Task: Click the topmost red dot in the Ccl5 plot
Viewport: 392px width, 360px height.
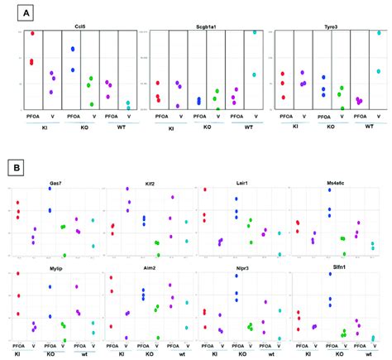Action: point(31,33)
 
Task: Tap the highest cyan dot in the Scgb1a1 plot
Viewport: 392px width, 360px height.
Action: point(255,32)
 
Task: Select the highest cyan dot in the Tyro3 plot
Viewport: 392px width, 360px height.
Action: point(380,33)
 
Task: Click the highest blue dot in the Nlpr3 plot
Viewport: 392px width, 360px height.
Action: point(237,276)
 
